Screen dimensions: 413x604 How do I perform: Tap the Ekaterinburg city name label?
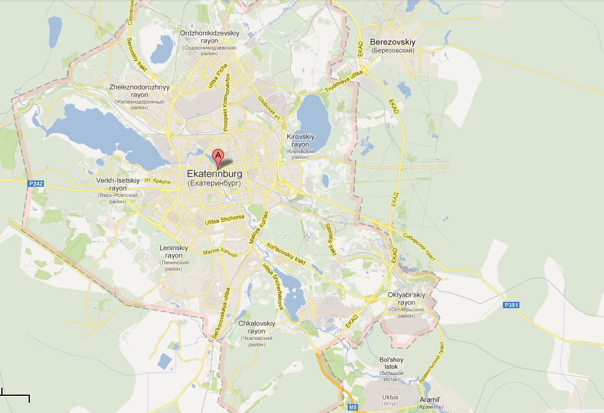tap(214, 173)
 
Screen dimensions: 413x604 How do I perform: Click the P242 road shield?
tap(36, 183)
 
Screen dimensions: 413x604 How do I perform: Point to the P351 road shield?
tap(511, 306)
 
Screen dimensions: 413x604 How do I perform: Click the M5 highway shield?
tap(353, 407)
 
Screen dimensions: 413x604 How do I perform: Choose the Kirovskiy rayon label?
tap(301, 140)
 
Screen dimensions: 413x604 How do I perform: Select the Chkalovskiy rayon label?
tap(256, 327)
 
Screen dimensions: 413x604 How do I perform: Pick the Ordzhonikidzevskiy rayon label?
tap(209, 36)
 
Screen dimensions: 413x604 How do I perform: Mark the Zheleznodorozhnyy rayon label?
tap(139, 90)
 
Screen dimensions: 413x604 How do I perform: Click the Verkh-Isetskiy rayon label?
tap(117, 184)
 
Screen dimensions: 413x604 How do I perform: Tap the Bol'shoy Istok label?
tap(392, 363)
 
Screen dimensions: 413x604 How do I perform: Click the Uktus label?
tap(390, 397)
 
